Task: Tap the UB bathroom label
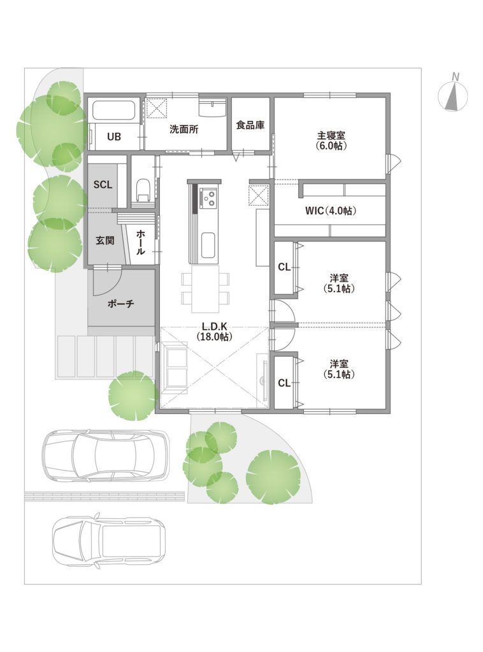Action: [114, 136]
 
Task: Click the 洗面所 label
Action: [184, 129]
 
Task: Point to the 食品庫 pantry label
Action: [250, 125]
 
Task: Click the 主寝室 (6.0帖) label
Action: [331, 141]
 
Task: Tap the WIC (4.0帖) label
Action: [331, 211]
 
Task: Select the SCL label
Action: [103, 185]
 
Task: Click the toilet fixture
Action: [143, 190]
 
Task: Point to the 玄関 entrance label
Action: [105, 240]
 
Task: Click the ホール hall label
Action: [141, 243]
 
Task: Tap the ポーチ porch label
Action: [120, 304]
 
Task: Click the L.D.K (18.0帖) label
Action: [215, 332]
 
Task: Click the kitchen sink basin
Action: [208, 245]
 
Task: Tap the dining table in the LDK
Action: [205, 289]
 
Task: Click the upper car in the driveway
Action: [106, 455]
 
